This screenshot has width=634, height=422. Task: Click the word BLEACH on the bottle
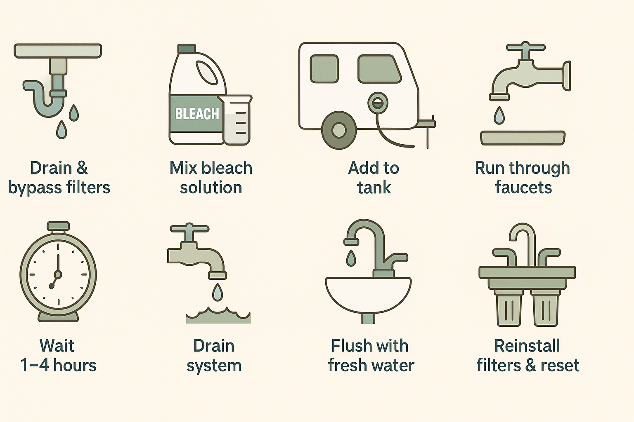tap(197, 114)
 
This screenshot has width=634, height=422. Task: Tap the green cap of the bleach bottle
tap(187, 49)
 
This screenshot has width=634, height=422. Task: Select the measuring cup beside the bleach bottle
tap(237, 120)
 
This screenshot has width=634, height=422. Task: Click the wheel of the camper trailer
tap(339, 130)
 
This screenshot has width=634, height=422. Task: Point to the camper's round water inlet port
tap(377, 103)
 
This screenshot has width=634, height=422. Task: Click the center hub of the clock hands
tap(58, 274)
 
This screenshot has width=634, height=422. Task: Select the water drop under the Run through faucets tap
tap(499, 115)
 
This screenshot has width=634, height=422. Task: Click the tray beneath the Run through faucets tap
tap(523, 138)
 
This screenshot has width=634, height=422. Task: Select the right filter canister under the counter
tap(545, 308)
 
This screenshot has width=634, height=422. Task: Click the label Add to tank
tap(374, 178)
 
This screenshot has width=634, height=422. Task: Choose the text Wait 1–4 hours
tap(58, 356)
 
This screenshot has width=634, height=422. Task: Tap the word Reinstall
tap(527, 346)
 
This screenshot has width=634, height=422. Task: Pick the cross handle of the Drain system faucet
tap(189, 229)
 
